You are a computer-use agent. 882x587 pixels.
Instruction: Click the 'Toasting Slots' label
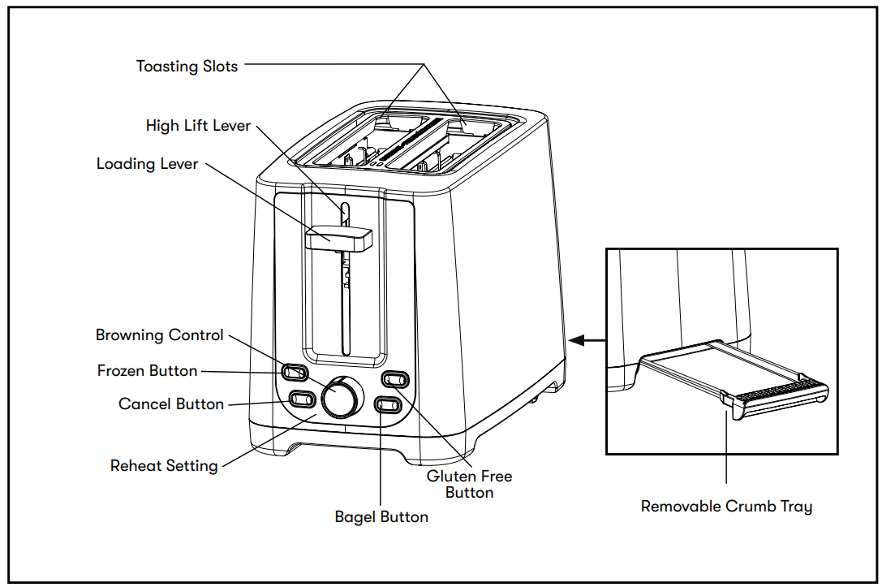coord(187,67)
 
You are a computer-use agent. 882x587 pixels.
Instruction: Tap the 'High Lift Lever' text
coord(198,126)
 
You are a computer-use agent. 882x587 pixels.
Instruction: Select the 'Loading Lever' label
coord(147,164)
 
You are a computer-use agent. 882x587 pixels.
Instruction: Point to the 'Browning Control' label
coord(159,335)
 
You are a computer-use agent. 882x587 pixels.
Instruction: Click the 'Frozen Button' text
coord(147,371)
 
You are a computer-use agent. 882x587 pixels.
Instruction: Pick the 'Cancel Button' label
coord(170,404)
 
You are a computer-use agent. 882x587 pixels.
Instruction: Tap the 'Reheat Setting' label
coord(164,466)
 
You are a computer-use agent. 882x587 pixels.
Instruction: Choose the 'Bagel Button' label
coord(381,516)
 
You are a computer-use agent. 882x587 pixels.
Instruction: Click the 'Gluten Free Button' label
coord(469,484)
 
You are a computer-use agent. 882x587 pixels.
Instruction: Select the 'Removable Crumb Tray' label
coord(726,507)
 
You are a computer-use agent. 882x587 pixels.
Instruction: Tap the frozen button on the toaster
coord(295,372)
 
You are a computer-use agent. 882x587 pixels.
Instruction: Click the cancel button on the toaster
coord(302,399)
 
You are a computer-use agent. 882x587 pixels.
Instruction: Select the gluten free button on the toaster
coord(395,378)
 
